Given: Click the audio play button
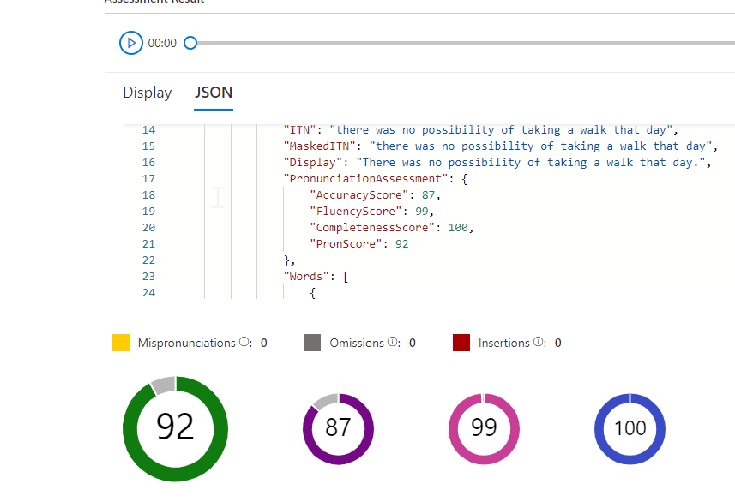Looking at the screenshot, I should (x=130, y=43).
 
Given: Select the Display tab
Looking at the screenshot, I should (x=147, y=93).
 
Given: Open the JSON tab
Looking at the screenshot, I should (x=214, y=93).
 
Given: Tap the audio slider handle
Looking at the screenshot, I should (x=190, y=43).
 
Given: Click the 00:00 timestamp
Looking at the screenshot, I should (x=162, y=43).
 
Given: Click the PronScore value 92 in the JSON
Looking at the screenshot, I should (x=401, y=244).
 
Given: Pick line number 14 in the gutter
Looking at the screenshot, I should (x=148, y=130).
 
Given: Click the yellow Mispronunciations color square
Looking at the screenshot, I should (x=121, y=343).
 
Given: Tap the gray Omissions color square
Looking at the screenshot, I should (x=312, y=343).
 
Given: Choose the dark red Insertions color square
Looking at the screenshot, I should (x=461, y=343).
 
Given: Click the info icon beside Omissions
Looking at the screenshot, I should (x=393, y=343).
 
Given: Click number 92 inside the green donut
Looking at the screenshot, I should (x=175, y=427).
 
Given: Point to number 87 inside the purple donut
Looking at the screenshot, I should (x=338, y=427).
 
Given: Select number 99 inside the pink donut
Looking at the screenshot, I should (x=484, y=427).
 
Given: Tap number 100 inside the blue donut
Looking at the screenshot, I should (x=630, y=427).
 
